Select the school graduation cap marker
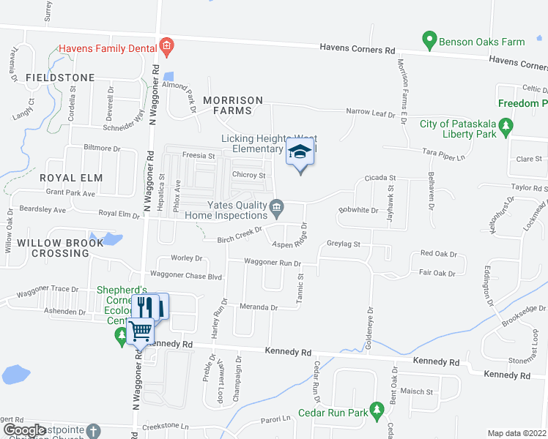click(300, 152)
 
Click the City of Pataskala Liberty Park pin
click(506, 129)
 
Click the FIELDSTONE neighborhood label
click(60, 78)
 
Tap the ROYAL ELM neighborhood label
click(71, 178)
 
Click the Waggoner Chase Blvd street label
click(185, 275)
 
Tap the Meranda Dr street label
click(259, 307)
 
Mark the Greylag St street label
click(343, 244)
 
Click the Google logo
click(24, 429)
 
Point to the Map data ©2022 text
click(516, 433)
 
